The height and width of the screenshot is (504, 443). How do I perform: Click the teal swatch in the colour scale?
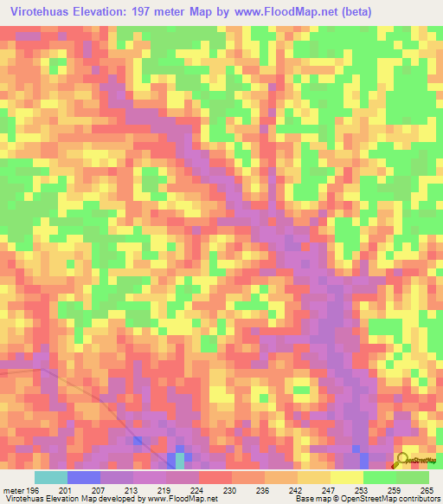51,478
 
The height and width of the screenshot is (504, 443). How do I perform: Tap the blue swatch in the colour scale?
84,478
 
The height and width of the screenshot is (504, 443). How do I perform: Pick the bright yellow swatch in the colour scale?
346,478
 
